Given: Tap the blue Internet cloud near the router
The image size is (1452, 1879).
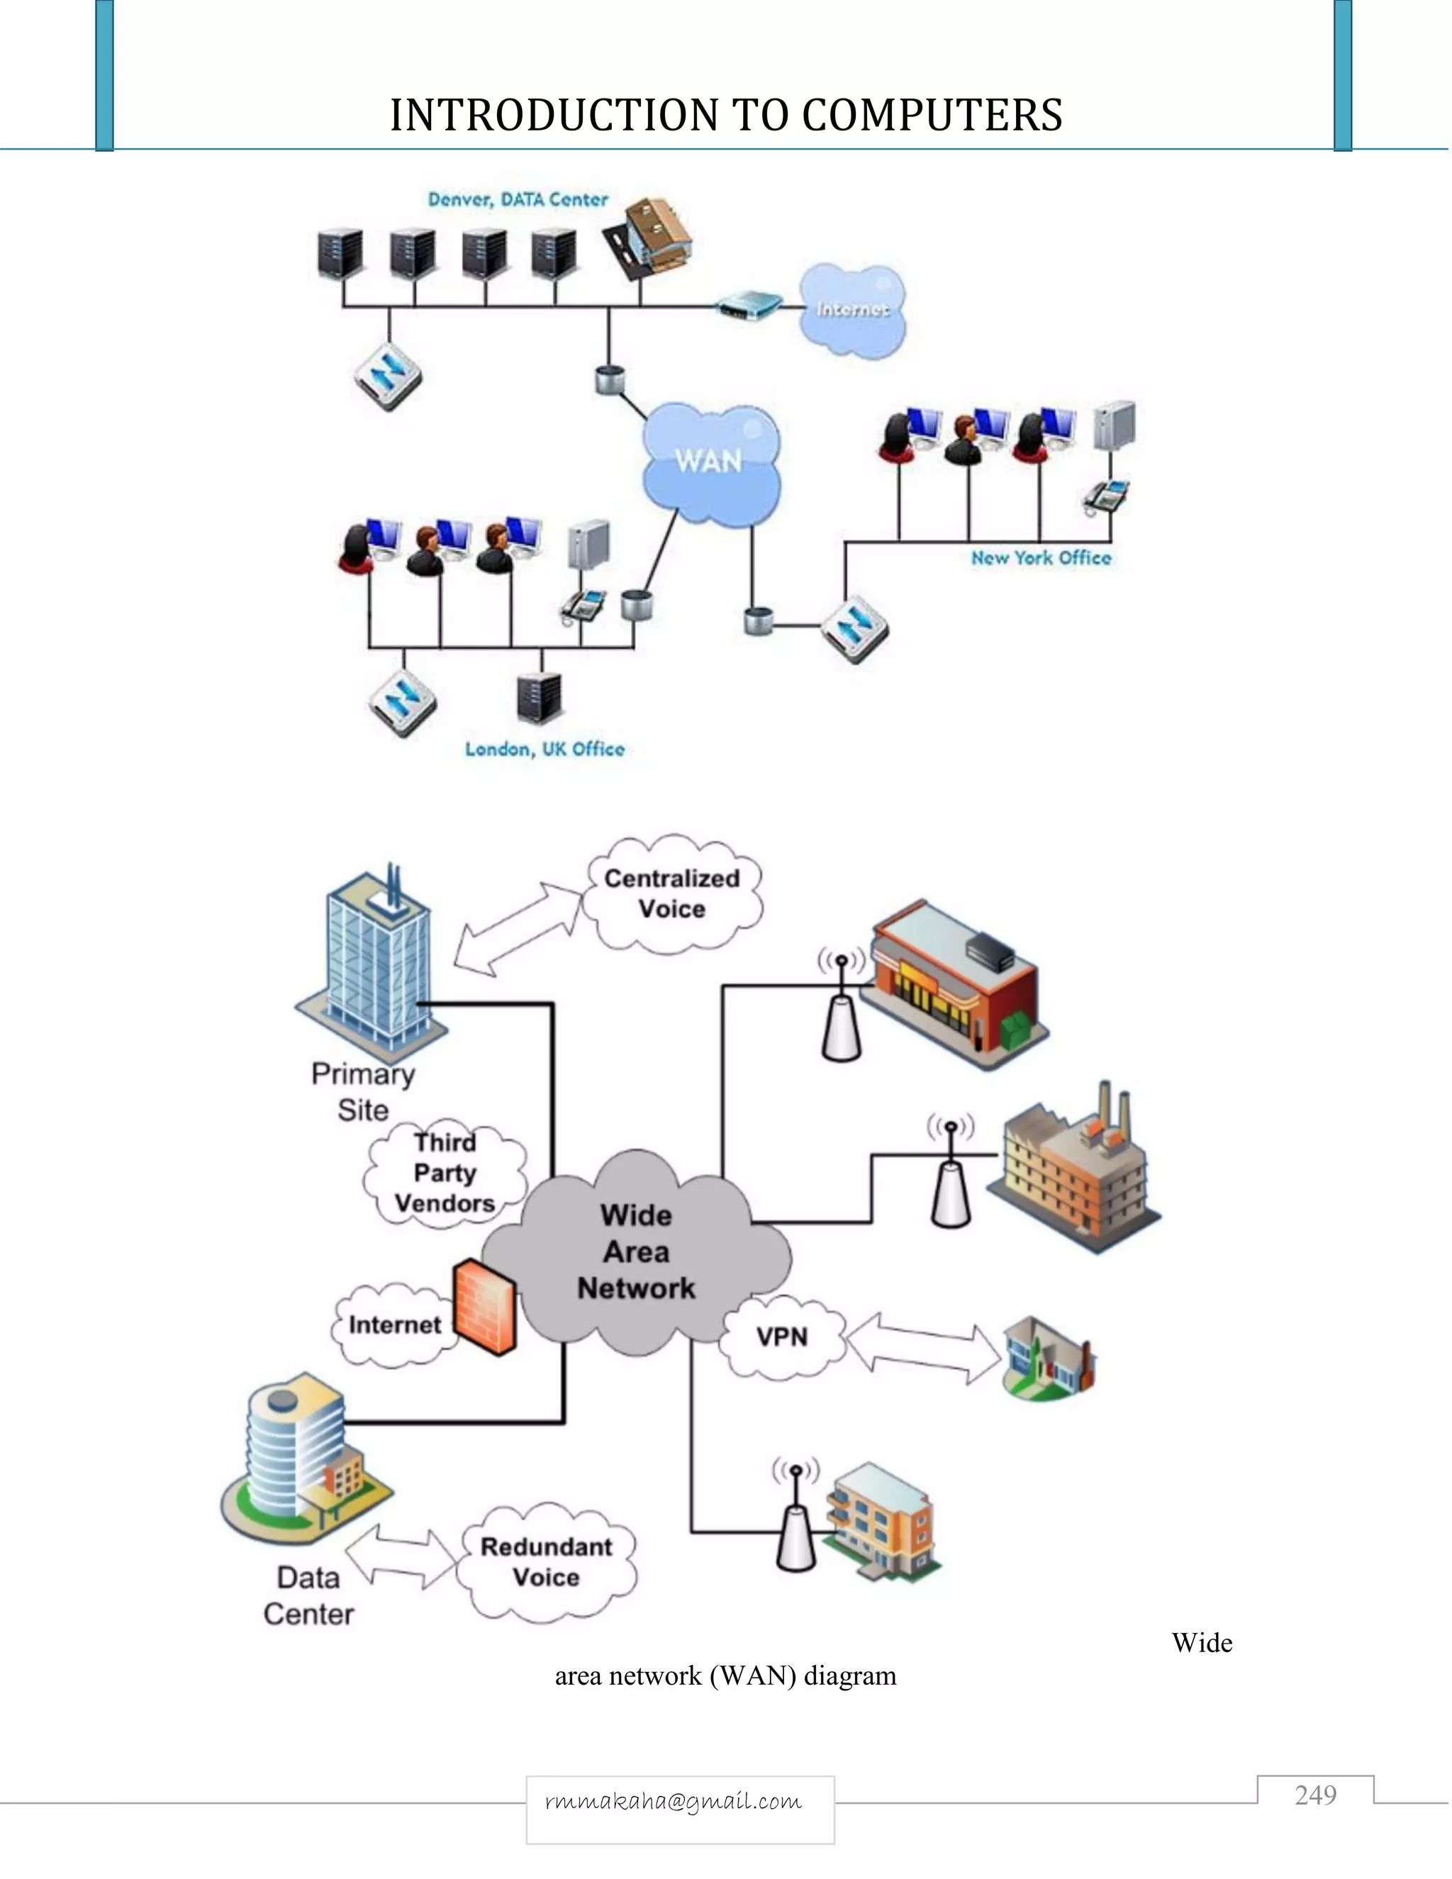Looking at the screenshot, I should [x=851, y=310].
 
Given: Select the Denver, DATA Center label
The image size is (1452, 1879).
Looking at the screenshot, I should [x=518, y=200].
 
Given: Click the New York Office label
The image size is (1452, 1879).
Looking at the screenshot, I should [x=1041, y=557].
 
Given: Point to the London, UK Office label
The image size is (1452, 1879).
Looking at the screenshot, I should [x=544, y=749].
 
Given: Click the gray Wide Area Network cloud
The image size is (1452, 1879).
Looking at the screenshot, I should [x=637, y=1251].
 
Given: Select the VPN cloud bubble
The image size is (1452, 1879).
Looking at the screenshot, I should [x=782, y=1336].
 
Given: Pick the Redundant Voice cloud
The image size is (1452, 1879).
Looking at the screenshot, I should [x=546, y=1561].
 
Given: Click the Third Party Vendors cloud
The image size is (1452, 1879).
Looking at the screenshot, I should [x=445, y=1173].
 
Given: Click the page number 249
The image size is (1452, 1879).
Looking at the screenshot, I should [x=1315, y=1795].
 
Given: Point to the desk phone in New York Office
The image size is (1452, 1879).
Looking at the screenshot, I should [x=1106, y=497].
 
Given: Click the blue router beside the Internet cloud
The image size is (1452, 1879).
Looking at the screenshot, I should [x=750, y=305].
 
